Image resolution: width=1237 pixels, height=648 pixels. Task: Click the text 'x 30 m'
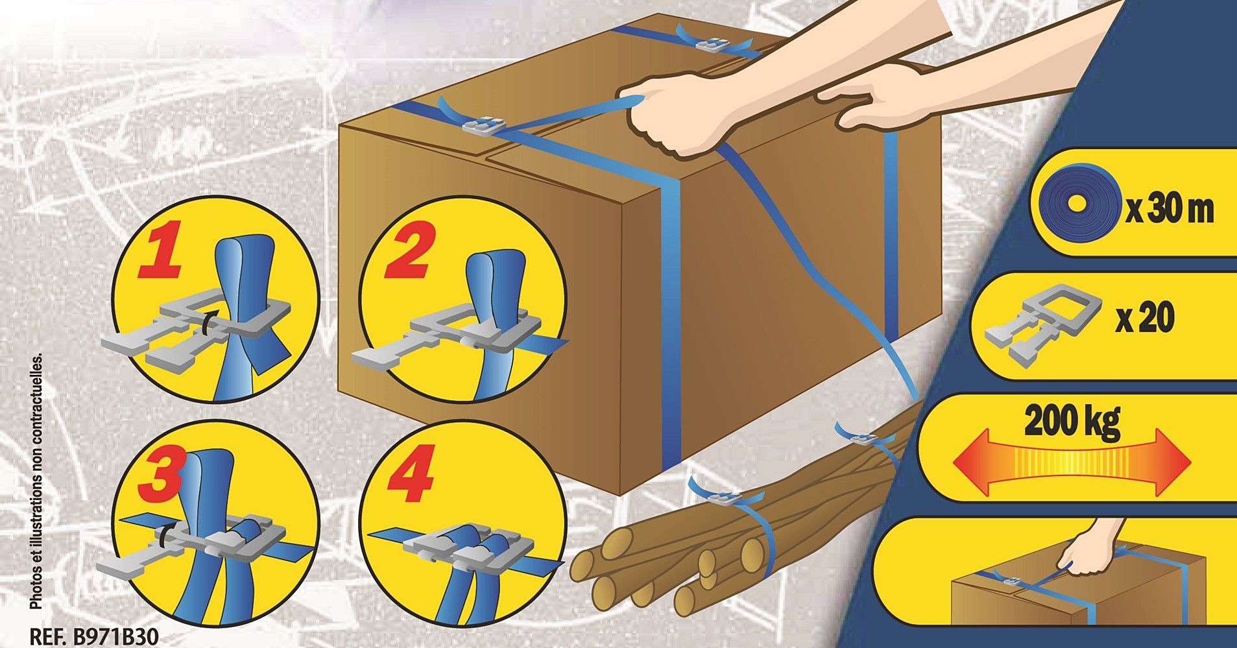coord(1169,210)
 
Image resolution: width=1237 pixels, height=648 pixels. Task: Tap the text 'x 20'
coord(1145,318)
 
